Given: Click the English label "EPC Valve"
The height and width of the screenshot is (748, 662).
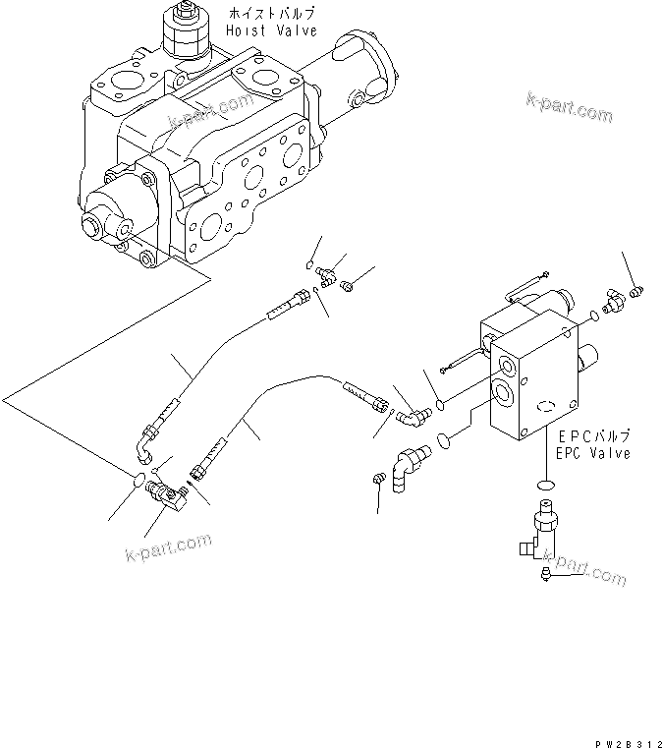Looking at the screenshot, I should click(593, 453).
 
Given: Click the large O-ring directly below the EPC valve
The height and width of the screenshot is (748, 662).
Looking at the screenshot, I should click(545, 484).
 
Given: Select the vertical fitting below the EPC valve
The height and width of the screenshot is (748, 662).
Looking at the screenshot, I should click(542, 531).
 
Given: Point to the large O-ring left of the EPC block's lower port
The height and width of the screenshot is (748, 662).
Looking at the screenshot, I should click(445, 439).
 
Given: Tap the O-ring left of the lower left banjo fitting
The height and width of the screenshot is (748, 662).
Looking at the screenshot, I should click(141, 480).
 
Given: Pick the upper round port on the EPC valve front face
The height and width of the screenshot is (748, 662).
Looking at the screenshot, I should click(506, 369).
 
